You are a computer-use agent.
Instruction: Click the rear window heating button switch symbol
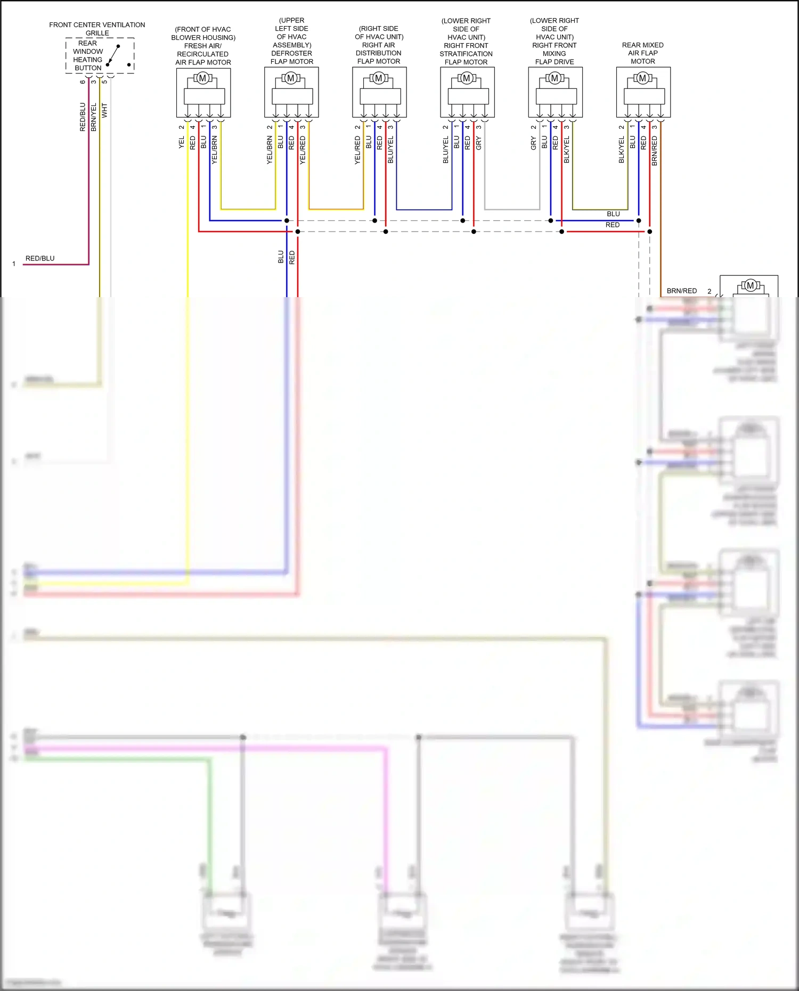(x=113, y=55)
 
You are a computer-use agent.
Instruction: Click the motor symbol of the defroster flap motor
(x=291, y=78)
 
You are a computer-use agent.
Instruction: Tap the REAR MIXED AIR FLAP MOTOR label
(x=642, y=53)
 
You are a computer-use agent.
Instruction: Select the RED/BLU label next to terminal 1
(x=40, y=258)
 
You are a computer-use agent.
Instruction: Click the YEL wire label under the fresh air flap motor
(x=182, y=142)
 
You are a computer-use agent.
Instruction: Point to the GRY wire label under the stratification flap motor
(x=479, y=142)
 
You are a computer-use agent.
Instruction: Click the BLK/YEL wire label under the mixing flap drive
(x=567, y=149)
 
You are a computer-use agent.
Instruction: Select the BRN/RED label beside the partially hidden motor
(x=681, y=291)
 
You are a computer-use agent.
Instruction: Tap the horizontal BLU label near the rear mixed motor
(x=613, y=214)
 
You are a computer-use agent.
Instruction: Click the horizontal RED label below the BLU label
(x=613, y=225)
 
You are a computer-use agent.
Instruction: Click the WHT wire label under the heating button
(x=104, y=110)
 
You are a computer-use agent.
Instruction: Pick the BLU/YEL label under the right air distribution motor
(x=390, y=149)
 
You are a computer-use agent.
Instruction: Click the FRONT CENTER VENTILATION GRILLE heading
(x=97, y=29)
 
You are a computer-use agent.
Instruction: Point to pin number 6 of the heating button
(x=83, y=81)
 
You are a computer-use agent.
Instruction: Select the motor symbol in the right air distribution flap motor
(x=379, y=78)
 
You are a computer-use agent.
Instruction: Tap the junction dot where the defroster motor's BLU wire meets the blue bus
(x=287, y=220)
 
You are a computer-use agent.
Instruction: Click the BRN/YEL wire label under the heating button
(x=94, y=117)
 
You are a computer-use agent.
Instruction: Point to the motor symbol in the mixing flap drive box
(x=555, y=78)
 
